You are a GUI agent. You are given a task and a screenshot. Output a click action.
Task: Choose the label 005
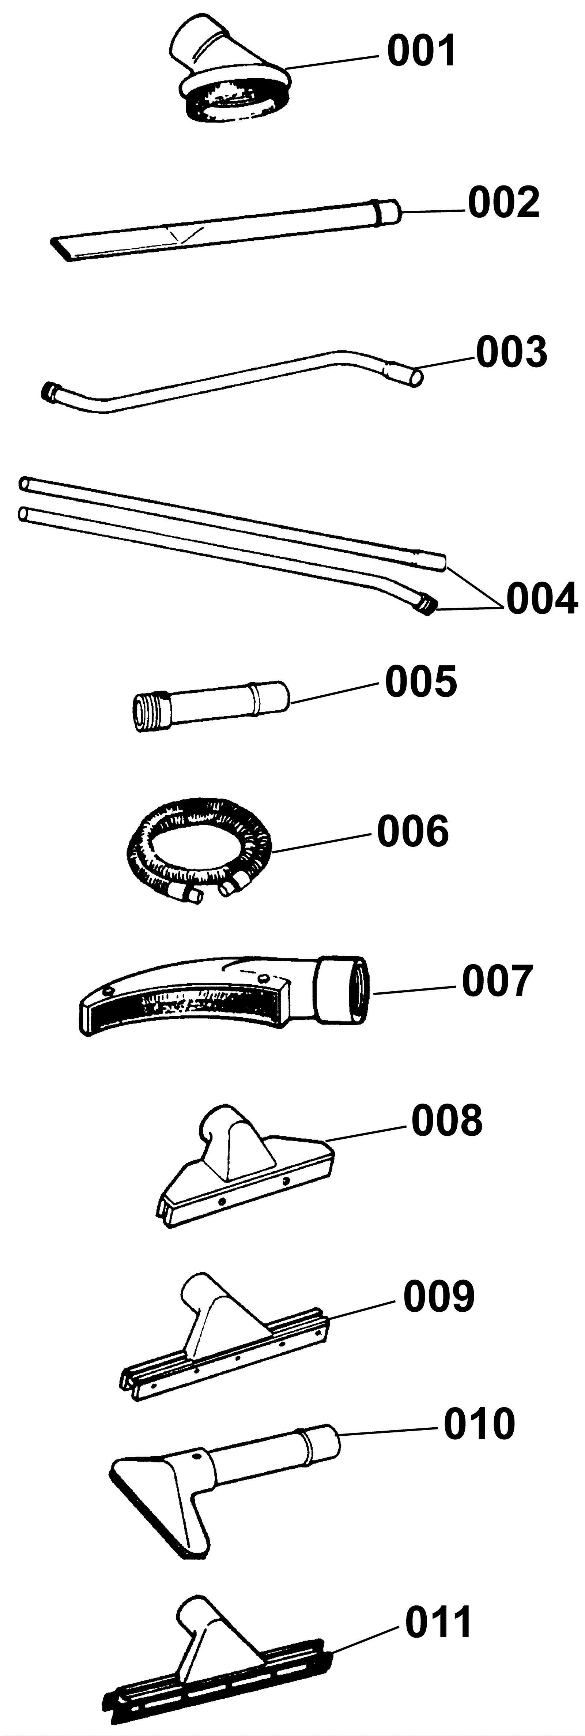421,681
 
